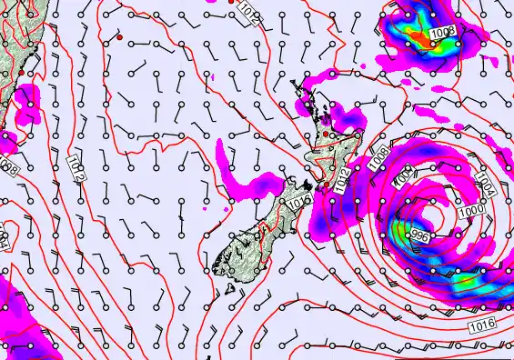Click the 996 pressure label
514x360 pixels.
419,236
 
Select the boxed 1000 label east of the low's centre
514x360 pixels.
471,210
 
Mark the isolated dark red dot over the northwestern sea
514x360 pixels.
119,38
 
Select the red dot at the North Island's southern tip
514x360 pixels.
327,185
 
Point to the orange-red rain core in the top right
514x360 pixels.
420,37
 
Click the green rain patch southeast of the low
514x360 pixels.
466,285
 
